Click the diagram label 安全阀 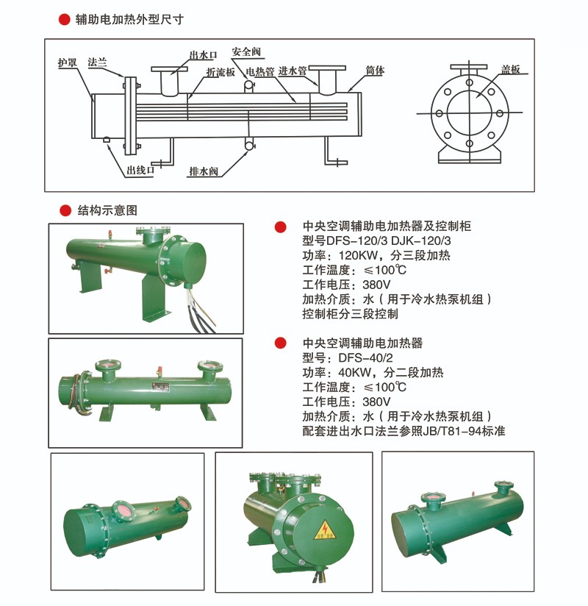point(246,51)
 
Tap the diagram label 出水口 point(203,55)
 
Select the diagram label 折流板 point(220,72)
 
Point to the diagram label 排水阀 point(204,171)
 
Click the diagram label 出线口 point(140,170)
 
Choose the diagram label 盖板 point(510,70)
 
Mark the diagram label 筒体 point(375,71)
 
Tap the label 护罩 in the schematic point(67,63)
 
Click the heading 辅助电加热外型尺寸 point(129,19)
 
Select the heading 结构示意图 point(107,210)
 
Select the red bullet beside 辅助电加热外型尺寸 point(64,19)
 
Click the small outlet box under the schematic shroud point(107,140)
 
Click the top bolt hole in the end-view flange point(469,82)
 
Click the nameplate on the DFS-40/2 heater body point(160,388)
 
